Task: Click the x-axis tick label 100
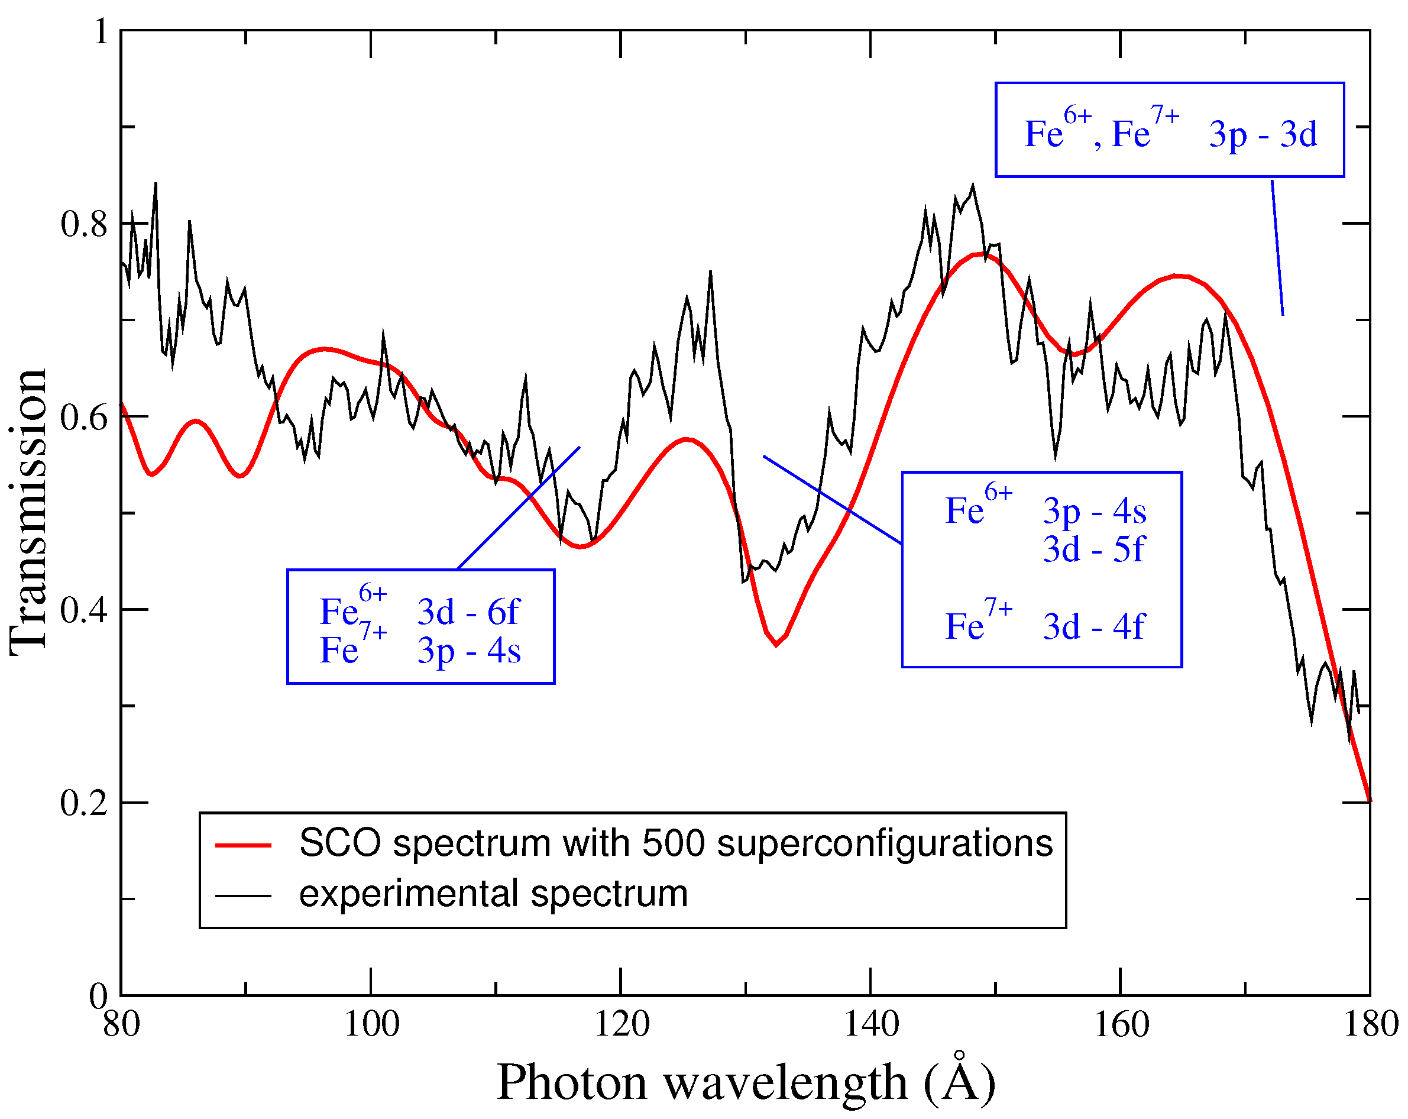click(x=371, y=1024)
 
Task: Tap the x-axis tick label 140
click(x=870, y=1024)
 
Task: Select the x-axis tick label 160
click(x=1121, y=1024)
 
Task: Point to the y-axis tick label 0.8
click(x=83, y=224)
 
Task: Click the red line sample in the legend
click(x=243, y=845)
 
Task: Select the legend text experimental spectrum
click(x=493, y=894)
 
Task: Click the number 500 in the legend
click(x=672, y=843)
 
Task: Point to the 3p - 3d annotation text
click(x=1263, y=135)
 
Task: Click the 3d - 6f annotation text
click(x=468, y=612)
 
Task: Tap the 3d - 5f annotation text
click(x=1093, y=549)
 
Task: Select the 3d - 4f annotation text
click(x=1093, y=626)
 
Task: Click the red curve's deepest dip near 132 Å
click(x=776, y=645)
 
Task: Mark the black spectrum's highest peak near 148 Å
click(x=973, y=186)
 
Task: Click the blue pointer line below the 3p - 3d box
click(x=1277, y=248)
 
